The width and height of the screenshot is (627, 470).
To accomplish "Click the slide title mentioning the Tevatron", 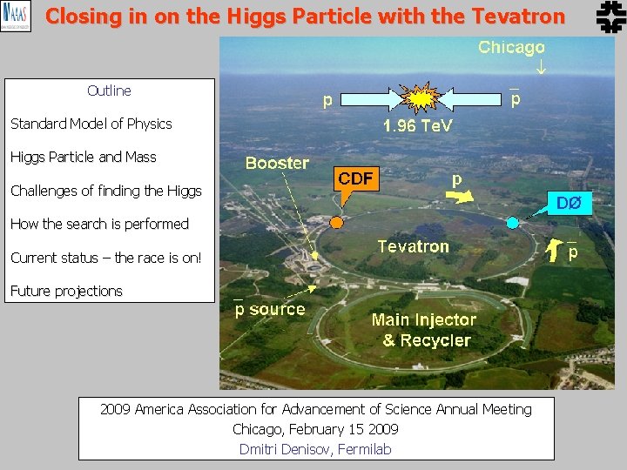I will (x=305, y=16).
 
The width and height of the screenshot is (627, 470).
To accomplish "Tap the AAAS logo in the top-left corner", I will (x=16, y=16).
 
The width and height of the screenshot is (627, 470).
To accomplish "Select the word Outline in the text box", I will (x=109, y=91).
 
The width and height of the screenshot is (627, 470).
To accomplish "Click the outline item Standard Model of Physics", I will (x=91, y=124).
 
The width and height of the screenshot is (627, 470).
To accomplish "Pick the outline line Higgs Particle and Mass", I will (x=84, y=158).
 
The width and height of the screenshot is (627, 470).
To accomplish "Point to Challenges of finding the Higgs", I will (x=105, y=191).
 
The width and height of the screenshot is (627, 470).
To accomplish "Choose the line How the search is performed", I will (x=99, y=224).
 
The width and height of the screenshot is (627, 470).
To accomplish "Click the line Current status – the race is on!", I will (x=105, y=258).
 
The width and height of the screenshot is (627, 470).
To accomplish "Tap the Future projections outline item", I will (x=66, y=291).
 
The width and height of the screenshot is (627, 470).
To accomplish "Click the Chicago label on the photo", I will (x=511, y=48).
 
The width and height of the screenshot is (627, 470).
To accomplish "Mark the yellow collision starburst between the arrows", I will (x=420, y=98).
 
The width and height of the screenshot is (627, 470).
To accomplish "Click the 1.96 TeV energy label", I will (x=418, y=127).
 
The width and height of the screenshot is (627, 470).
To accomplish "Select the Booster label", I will (x=277, y=163).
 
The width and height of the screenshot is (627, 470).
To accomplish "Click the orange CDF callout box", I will (x=355, y=179).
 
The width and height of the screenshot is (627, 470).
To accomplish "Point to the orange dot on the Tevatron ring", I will (x=337, y=222).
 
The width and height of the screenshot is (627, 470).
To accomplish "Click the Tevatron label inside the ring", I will (x=413, y=246).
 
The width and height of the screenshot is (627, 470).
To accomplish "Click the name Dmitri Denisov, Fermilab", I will (x=315, y=449).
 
